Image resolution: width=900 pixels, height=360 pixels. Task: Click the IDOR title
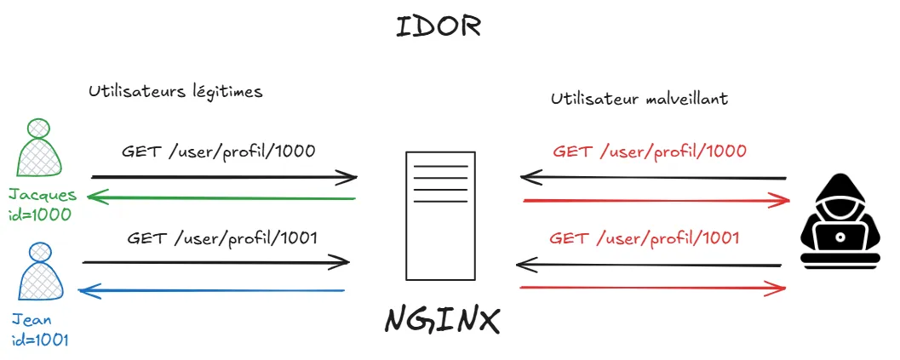(x=439, y=26)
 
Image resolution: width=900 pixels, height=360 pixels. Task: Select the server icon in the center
(x=440, y=215)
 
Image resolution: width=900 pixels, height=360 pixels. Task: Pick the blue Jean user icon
(x=37, y=274)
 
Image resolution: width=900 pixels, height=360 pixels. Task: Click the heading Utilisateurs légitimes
(x=175, y=92)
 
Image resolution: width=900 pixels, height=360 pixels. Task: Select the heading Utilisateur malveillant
(x=639, y=99)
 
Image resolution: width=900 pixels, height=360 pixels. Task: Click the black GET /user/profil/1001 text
(x=222, y=237)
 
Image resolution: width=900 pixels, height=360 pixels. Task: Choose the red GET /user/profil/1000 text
(x=650, y=151)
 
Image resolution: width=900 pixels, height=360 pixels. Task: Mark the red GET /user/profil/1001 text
(x=645, y=237)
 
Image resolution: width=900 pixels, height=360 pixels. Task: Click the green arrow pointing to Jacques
(x=221, y=199)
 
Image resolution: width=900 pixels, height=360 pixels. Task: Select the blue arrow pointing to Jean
(x=212, y=292)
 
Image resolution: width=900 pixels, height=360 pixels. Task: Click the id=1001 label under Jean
(x=40, y=340)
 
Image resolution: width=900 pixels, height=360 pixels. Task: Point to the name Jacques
(x=43, y=195)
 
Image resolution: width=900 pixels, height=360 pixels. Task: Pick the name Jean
(x=32, y=320)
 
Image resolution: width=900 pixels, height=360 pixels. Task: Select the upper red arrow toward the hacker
(x=656, y=201)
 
